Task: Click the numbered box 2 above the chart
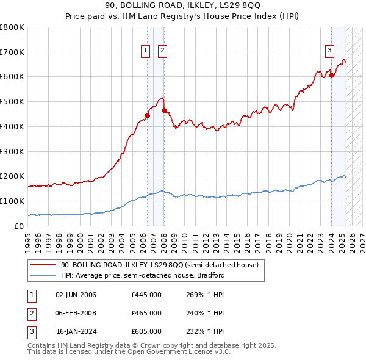coord(163,51)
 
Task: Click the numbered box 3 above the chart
coord(329,51)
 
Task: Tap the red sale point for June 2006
coord(147,115)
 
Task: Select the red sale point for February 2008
coord(164,110)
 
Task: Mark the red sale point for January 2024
coord(331,76)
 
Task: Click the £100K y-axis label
coord(12,201)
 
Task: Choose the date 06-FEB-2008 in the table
coord(76,314)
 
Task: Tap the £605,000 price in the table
coord(146,331)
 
